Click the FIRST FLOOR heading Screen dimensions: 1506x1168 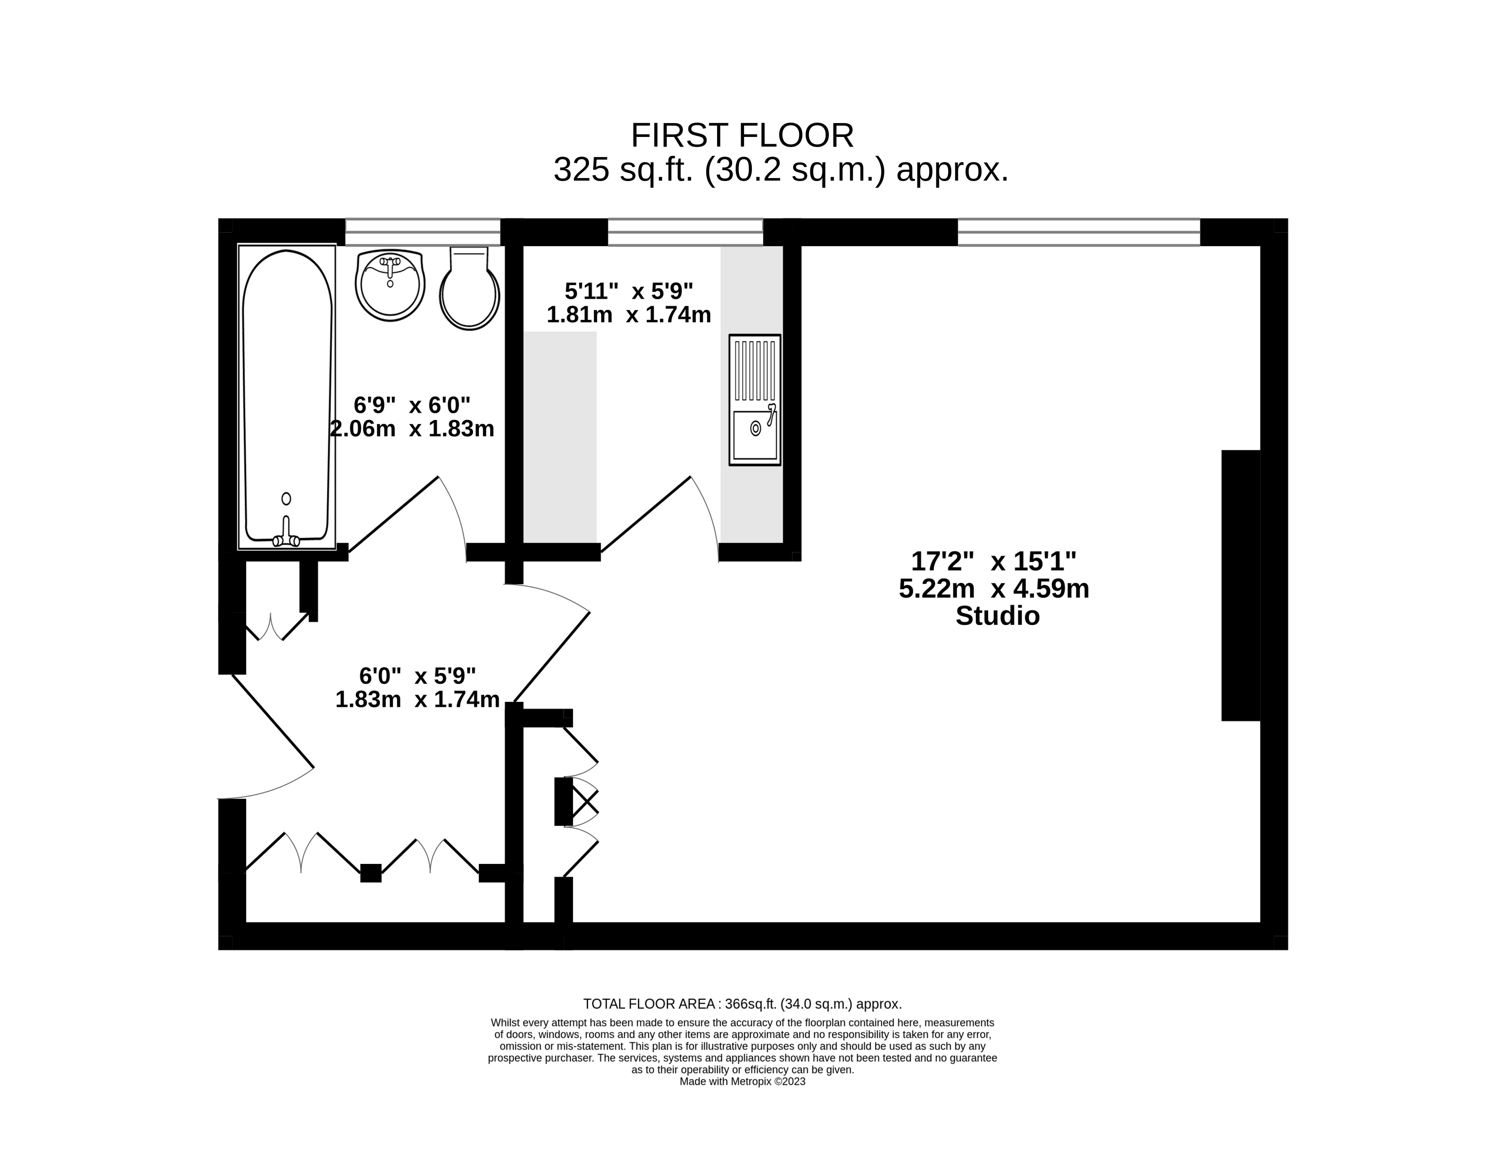coord(742,136)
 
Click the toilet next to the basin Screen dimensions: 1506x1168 coord(470,288)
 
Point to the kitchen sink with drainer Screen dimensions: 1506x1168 coord(755,400)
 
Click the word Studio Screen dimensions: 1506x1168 coord(997,616)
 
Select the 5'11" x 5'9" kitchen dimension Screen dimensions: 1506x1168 coord(629,291)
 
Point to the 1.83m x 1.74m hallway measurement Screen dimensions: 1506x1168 coord(417,700)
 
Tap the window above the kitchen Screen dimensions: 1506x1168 coord(686,232)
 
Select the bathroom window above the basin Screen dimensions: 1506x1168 coord(423,232)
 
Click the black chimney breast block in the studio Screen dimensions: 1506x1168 coord(1241,585)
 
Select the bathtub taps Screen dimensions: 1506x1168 coord(286,533)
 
